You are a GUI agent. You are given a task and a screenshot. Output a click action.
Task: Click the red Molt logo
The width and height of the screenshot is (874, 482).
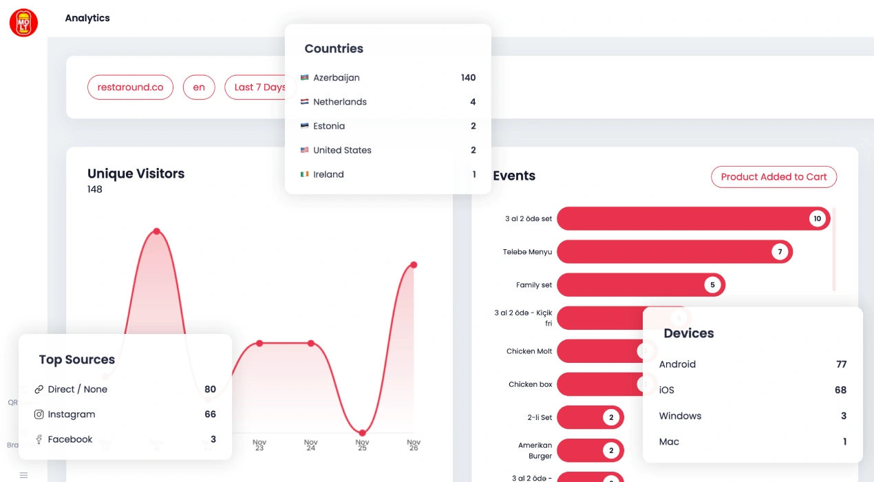pos(23,23)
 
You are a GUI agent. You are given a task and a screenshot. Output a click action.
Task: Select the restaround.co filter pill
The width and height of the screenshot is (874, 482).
pos(130,87)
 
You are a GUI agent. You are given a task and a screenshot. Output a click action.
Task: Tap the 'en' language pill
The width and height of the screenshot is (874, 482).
pos(199,87)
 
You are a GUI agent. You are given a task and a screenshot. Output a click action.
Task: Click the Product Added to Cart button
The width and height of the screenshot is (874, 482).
pos(774,177)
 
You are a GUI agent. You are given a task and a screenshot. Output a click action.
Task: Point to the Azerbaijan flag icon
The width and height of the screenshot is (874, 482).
pos(305,78)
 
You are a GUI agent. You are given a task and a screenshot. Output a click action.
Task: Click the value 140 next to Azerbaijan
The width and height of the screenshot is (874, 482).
pos(468,78)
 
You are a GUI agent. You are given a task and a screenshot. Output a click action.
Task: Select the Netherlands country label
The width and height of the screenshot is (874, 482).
pos(340,102)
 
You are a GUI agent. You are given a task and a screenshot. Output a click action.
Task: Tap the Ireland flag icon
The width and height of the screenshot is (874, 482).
pos(305,174)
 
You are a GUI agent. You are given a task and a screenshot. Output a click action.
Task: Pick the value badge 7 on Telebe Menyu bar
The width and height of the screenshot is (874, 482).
pos(780,252)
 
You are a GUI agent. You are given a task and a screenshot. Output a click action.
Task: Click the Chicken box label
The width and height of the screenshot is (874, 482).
pos(530,384)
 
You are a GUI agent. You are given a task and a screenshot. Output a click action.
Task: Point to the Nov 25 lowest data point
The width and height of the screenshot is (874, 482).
pos(363,432)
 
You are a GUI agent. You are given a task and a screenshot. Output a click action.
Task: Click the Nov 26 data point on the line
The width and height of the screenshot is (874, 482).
pos(414,264)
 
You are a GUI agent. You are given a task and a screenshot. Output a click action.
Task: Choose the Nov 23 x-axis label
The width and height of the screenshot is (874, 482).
pos(259,445)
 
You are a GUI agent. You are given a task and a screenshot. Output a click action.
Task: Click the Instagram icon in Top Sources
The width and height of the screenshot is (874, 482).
pos(39,415)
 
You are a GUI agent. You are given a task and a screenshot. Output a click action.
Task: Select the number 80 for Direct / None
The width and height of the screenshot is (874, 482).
pos(210,389)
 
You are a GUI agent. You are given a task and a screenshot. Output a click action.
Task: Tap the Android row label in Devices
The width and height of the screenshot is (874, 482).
pos(677,364)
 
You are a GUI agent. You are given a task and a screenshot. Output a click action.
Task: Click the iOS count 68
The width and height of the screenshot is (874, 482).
pos(840,390)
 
